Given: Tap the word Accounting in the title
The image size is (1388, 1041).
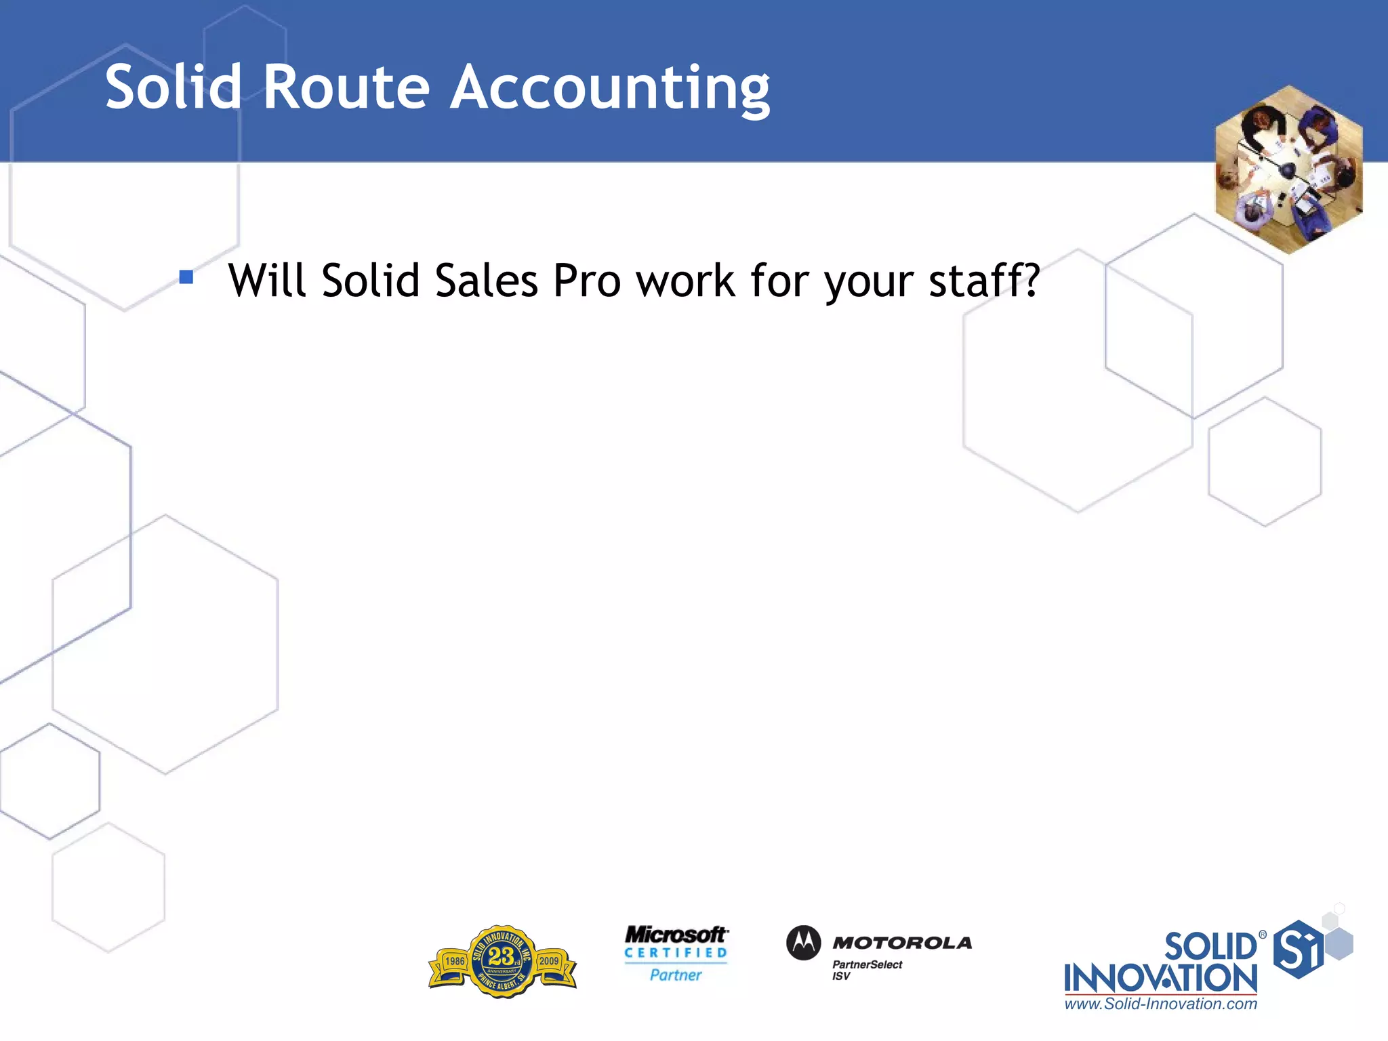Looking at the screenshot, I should pyautogui.click(x=610, y=88).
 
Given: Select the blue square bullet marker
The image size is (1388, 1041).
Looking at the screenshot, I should pyautogui.click(x=186, y=277).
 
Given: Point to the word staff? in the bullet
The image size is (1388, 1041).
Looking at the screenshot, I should pyautogui.click(x=983, y=281).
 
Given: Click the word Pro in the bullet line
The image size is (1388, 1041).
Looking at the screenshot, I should pyautogui.click(x=587, y=281).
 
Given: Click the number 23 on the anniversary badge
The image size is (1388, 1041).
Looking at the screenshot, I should pyautogui.click(x=501, y=956).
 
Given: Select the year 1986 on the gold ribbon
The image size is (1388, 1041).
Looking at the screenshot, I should pyautogui.click(x=455, y=961).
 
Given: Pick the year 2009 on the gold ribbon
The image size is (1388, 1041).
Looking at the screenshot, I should pyautogui.click(x=549, y=961).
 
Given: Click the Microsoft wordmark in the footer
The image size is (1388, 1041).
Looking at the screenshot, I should pyautogui.click(x=676, y=935).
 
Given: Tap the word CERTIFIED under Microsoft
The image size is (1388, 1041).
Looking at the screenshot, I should pyautogui.click(x=676, y=953).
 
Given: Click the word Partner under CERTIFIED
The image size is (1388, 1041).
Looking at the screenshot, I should pyautogui.click(x=676, y=975).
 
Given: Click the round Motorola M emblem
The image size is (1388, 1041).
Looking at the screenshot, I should pyautogui.click(x=804, y=943).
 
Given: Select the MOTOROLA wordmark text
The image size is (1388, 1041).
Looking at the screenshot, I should pyautogui.click(x=902, y=943).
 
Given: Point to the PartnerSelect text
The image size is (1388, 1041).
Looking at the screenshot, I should pyautogui.click(x=867, y=964).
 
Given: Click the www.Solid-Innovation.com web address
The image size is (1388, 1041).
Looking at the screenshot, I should pyautogui.click(x=1160, y=1004).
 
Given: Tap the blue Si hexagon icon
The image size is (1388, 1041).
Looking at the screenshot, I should pyautogui.click(x=1297, y=950).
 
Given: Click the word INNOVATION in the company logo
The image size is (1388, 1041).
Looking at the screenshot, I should pyautogui.click(x=1160, y=979).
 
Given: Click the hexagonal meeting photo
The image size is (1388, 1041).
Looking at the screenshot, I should pyautogui.click(x=1288, y=169).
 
